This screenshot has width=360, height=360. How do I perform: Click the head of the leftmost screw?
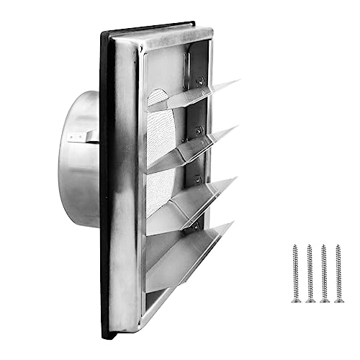click(x=295, y=248)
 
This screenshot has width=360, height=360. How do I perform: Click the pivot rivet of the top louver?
click(x=199, y=81)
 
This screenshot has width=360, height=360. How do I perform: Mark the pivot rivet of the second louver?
click(x=198, y=130)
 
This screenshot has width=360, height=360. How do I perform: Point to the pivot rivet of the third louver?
click(x=197, y=178)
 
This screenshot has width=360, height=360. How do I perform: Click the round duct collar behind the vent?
click(x=86, y=155)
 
